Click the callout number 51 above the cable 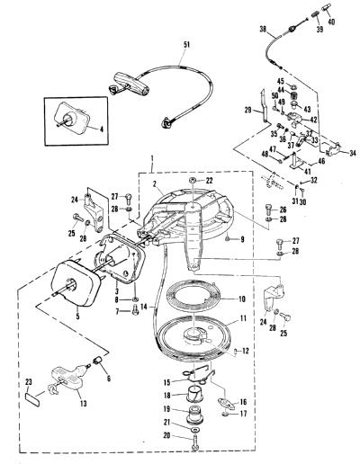coord(186,45)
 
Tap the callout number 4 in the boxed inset coord(101,130)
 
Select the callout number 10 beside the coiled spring coord(241,299)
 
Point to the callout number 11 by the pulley coord(242,319)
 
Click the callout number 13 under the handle coord(83,404)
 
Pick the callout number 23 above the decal coord(29,382)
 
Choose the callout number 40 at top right coord(331,22)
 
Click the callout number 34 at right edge coord(352,153)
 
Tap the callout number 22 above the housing coord(209,181)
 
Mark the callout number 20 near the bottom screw coord(166,435)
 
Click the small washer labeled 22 coord(193,181)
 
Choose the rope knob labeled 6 coord(98,360)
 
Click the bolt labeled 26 coord(268,209)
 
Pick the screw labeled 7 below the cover coord(135,309)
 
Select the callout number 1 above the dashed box coord(152,158)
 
